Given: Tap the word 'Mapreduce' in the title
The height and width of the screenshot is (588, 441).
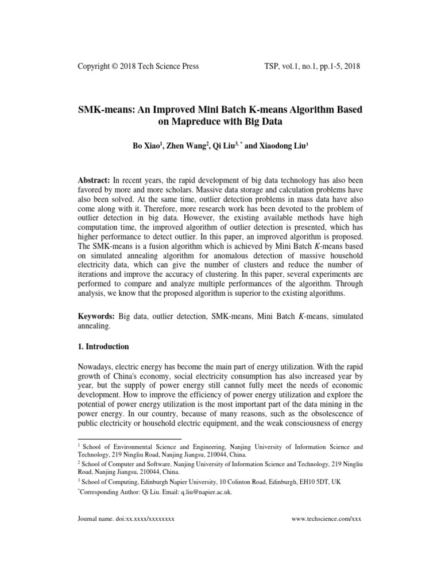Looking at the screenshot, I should pyautogui.click(x=194, y=122).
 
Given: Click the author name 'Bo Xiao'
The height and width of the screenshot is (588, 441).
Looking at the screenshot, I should pyautogui.click(x=146, y=146).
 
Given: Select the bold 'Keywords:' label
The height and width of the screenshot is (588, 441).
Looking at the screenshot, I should pyautogui.click(x=96, y=316).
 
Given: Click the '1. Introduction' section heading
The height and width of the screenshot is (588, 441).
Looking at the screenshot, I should pyautogui.click(x=104, y=347).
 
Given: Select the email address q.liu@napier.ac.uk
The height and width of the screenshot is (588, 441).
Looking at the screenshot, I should pyautogui.click(x=207, y=493).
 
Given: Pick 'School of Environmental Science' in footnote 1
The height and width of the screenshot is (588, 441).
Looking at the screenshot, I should pyautogui.click(x=125, y=446).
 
